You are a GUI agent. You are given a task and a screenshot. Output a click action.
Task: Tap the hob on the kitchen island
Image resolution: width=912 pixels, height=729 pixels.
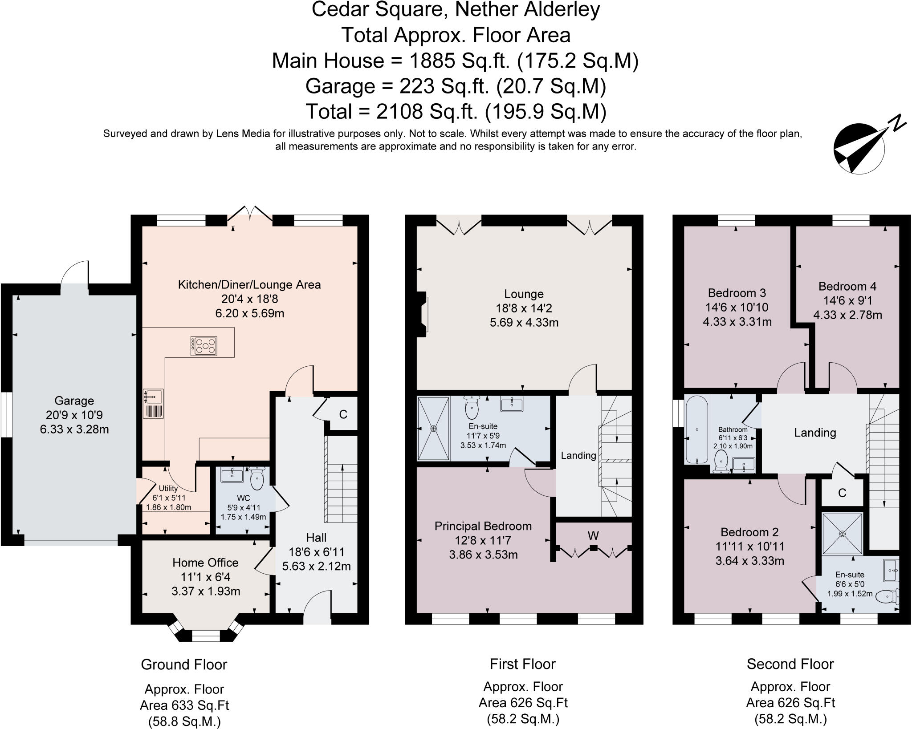[x=204, y=346]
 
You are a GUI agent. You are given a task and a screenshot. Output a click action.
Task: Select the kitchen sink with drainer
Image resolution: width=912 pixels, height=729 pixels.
[x=153, y=403]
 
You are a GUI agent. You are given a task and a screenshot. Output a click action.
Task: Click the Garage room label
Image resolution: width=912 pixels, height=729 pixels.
[x=74, y=401]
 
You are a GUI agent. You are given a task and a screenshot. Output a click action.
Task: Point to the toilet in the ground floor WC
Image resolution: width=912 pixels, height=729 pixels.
[x=257, y=479]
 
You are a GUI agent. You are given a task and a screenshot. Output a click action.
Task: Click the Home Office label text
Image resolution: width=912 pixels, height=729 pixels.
[x=205, y=563]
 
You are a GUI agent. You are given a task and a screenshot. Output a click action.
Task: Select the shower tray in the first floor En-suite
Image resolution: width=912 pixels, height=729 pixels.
[x=434, y=428]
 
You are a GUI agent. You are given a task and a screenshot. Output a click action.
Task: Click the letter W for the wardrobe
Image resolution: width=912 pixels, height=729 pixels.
[x=593, y=536]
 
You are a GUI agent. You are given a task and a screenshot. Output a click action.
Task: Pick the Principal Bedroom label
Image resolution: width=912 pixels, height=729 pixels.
[x=483, y=526]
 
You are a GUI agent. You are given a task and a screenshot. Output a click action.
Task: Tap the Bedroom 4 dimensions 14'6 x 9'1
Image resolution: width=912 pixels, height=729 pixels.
[x=847, y=301]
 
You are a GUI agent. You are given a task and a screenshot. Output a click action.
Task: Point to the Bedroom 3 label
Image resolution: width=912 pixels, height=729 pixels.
[x=737, y=293]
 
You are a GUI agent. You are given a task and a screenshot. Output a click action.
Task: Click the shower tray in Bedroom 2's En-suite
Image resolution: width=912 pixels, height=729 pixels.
[x=842, y=533]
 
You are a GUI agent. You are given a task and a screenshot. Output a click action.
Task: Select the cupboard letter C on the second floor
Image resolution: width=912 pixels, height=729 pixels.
[x=842, y=493]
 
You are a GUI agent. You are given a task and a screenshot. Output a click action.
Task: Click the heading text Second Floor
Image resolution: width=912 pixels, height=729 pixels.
[x=790, y=664]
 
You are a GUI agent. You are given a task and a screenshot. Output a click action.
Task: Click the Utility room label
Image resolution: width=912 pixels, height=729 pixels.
[x=168, y=488]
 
